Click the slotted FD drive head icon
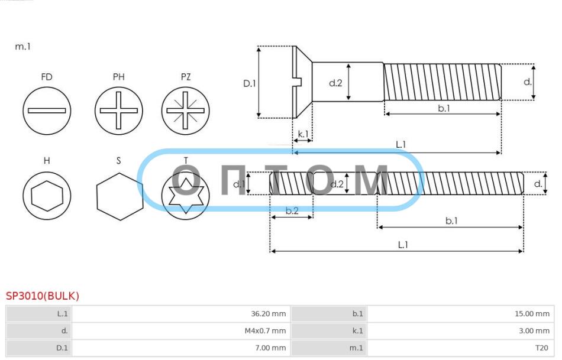pos(47,111)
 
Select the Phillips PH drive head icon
pos(119,111)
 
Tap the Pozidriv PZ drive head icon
pos(185,111)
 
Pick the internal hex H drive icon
pos(47,196)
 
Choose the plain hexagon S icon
pos(119,197)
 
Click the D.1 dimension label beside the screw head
pos(250,83)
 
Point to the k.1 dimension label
pos(303,134)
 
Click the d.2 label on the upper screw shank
pos(335,83)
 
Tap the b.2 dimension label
pos(292,210)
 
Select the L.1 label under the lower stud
pos(403,245)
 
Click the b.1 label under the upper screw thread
pos(444,108)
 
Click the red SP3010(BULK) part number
pos(42,296)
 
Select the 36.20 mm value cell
pos(181,314)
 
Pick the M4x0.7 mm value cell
pos(181,331)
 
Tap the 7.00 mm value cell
pos(181,348)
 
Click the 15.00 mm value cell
pos(461,314)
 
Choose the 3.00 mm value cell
pos(461,331)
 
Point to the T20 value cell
pos(461,348)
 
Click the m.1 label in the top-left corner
pos(22,47)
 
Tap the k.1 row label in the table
pos(358,331)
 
